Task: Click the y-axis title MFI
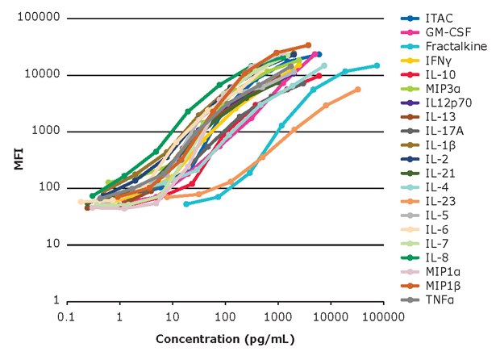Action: click(x=18, y=159)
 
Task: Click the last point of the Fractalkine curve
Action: click(x=377, y=65)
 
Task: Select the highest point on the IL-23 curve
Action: click(x=357, y=90)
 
